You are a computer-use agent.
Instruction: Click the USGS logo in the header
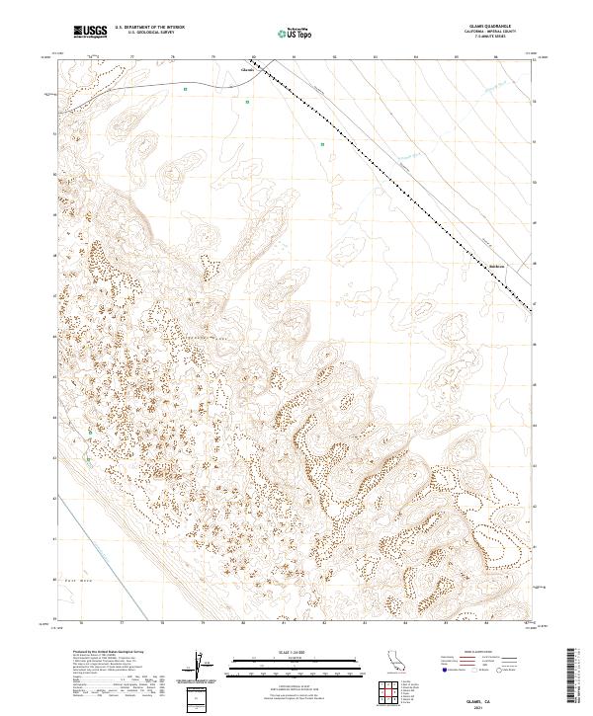point(90,32)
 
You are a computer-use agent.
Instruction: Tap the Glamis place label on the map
point(248,70)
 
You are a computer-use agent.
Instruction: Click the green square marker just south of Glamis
point(247,102)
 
